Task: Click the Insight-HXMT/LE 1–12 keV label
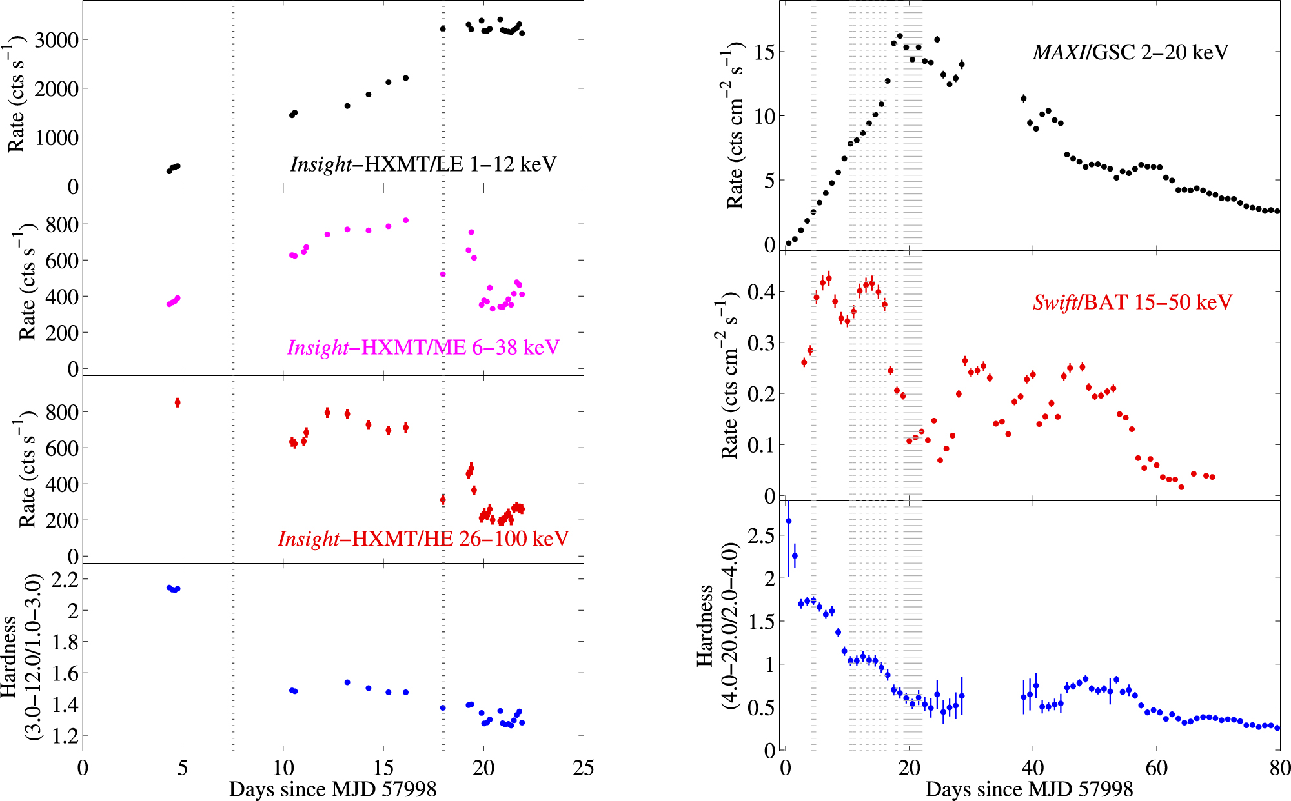(423, 164)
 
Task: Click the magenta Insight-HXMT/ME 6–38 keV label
(423, 348)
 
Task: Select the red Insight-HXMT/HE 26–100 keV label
(423, 539)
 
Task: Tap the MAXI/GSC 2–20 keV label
(1130, 52)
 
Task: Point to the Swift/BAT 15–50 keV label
(1132, 302)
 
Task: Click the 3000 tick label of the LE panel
(57, 40)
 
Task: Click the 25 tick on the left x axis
(583, 767)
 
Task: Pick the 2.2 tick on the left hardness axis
(65, 579)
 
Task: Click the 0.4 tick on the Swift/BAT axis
(761, 292)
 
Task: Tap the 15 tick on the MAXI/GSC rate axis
(765, 52)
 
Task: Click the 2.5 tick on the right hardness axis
(761, 536)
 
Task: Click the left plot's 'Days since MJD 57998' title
(332, 789)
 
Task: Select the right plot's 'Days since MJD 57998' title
(1029, 789)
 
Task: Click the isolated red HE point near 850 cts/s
(178, 402)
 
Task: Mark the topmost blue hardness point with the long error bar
(788, 520)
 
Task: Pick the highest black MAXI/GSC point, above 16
(900, 36)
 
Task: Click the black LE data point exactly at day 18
(443, 29)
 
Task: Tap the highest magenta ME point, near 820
(405, 221)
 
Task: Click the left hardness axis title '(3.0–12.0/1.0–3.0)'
(32, 657)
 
